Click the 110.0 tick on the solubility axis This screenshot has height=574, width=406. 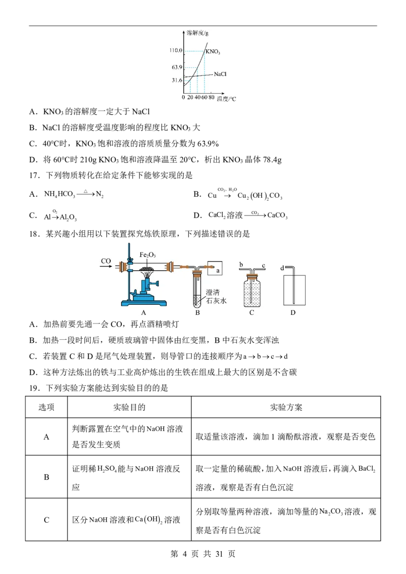pyautogui.click(x=176, y=51)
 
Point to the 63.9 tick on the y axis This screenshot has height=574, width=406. pyautogui.click(x=177, y=67)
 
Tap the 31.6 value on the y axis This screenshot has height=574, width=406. pyautogui.click(x=177, y=80)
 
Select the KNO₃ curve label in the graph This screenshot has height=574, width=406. pyautogui.click(x=213, y=52)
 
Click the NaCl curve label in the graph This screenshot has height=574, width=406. pyautogui.click(x=220, y=74)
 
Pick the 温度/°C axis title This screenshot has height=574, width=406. pyautogui.click(x=227, y=99)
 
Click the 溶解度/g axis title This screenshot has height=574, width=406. pyautogui.click(x=197, y=33)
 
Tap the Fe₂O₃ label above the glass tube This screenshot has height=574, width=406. pyautogui.click(x=148, y=255)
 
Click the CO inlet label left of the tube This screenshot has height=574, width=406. pyautogui.click(x=106, y=261)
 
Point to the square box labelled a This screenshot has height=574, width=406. pyautogui.click(x=215, y=268)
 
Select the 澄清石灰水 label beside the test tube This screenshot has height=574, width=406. pyautogui.click(x=216, y=297)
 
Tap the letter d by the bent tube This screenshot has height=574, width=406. pyautogui.click(x=282, y=268)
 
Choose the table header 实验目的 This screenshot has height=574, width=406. pyautogui.click(x=129, y=407)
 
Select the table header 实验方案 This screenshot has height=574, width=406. pyautogui.click(x=286, y=407)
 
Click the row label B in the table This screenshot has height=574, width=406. pyautogui.click(x=47, y=477)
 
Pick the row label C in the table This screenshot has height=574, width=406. pyautogui.click(x=47, y=520)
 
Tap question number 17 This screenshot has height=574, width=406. pyautogui.click(x=35, y=175)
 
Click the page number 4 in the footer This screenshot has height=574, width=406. pyautogui.click(x=184, y=554)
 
